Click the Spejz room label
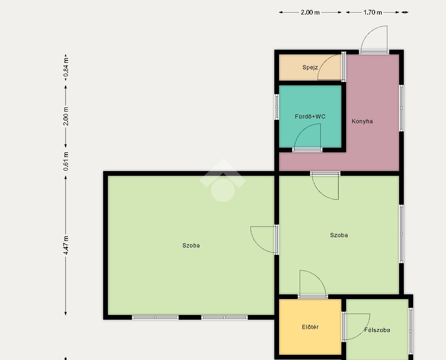(x=310, y=67)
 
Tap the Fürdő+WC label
(x=310, y=117)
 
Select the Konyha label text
(x=362, y=121)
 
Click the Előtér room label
(x=310, y=327)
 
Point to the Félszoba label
(x=377, y=330)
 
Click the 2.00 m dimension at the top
(x=310, y=13)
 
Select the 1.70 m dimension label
(x=373, y=13)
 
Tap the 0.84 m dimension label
(x=66, y=67)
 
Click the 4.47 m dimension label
(x=66, y=245)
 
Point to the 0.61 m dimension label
(x=66, y=161)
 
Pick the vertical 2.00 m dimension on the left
(x=66, y=116)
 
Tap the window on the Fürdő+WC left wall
(x=277, y=106)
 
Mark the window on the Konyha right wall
(x=401, y=108)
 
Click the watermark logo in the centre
(x=223, y=180)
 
